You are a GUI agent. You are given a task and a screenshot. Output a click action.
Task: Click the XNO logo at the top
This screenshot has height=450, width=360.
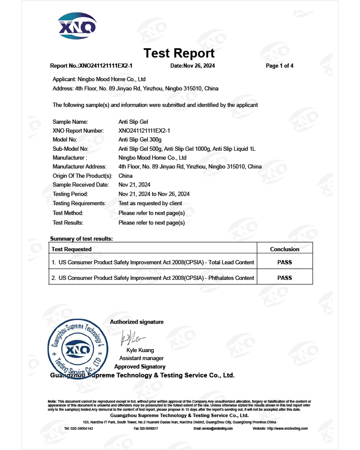(77, 26)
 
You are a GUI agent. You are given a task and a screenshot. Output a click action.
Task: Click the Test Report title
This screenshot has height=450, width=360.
(179, 53)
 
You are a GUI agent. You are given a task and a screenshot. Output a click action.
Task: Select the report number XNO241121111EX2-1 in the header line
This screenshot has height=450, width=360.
(106, 66)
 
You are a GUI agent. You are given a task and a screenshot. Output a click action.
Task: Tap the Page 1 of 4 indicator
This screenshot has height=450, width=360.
(279, 66)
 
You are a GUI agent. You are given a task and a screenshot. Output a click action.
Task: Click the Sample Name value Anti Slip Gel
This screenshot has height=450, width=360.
(133, 121)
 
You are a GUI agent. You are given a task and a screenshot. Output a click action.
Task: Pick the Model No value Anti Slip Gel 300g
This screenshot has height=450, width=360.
(139, 139)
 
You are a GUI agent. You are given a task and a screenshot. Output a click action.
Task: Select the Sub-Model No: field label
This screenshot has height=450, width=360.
(70, 148)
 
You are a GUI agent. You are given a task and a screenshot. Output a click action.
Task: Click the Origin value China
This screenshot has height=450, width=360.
(126, 175)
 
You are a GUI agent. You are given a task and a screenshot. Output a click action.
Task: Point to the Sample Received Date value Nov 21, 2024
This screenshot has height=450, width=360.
(134, 184)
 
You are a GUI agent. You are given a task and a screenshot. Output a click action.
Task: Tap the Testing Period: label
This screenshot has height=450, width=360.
(70, 194)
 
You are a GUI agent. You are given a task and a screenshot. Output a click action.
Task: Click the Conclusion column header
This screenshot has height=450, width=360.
(284, 249)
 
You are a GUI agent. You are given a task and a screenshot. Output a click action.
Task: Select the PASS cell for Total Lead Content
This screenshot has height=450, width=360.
(284, 262)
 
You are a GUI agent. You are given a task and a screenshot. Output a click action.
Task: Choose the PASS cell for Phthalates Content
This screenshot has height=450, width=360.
(284, 278)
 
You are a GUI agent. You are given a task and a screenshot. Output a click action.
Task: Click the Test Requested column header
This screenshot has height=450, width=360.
(72, 249)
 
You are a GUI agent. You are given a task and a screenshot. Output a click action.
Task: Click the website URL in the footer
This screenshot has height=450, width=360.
(280, 429)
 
